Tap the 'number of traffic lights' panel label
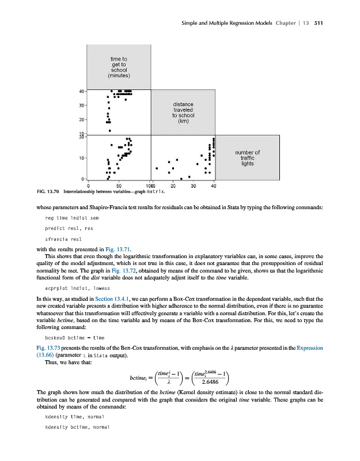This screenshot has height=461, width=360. tap(248, 158)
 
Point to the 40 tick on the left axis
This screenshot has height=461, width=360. tap(82, 91)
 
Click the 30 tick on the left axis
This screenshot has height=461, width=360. tap(82, 105)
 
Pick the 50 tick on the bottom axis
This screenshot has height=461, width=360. tap(119, 186)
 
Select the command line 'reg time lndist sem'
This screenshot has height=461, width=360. tap(69, 218)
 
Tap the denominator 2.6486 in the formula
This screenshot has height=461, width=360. tap(213, 381)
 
